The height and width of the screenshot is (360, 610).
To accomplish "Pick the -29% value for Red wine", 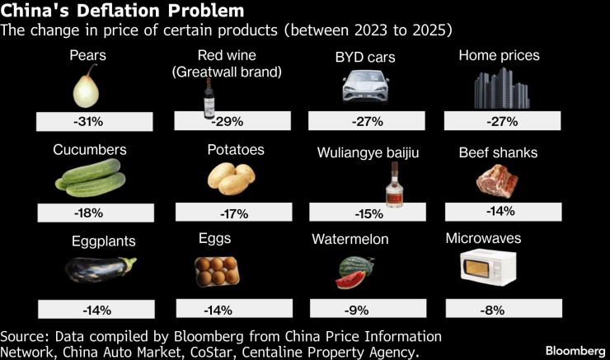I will (228, 122).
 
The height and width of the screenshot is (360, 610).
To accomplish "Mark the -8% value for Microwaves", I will (501, 308).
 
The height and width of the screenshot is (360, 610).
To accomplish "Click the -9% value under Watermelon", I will (364, 310).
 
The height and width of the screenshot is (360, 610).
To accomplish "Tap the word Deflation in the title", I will (120, 11).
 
